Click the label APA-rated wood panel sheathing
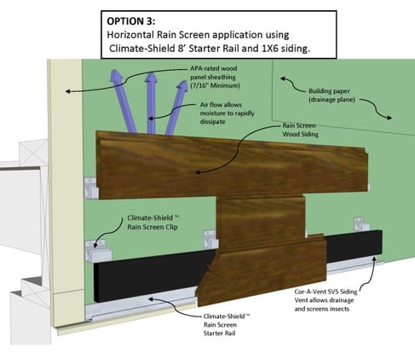(223, 72)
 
